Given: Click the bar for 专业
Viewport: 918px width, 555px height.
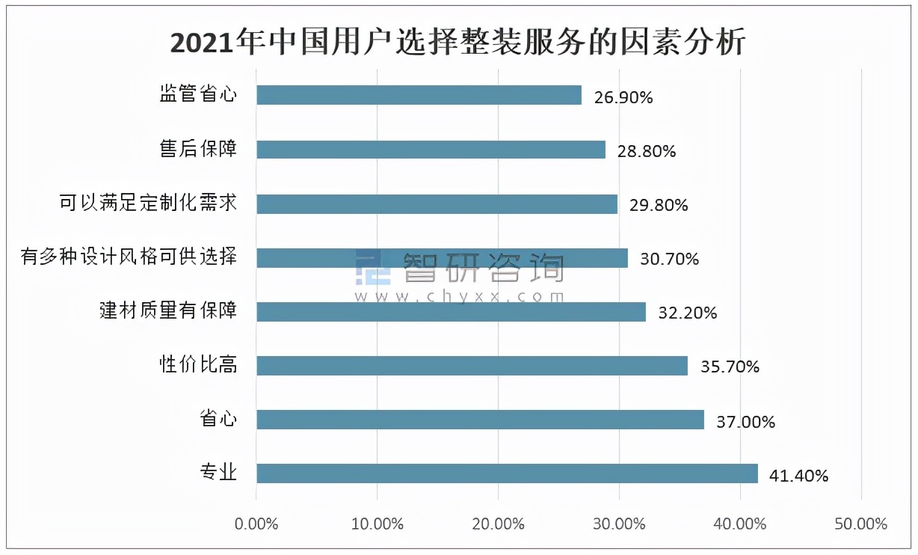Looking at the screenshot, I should [507, 473].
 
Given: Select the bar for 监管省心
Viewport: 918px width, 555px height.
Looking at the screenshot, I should [419, 95].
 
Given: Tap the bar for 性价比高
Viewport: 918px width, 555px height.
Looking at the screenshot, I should [472, 366].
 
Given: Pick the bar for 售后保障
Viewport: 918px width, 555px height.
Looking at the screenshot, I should [431, 150].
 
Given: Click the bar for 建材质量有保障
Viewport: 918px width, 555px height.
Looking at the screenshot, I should [451, 312].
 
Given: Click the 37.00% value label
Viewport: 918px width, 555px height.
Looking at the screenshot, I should [745, 421].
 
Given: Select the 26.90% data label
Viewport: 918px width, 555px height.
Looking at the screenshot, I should [623, 97].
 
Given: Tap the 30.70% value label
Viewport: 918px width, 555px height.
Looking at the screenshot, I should [670, 259].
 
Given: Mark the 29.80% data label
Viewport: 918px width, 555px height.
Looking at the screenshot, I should [659, 205].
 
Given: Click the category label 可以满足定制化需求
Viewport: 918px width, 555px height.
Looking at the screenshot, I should [149, 203].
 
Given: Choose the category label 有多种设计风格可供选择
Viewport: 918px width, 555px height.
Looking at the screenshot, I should [129, 257].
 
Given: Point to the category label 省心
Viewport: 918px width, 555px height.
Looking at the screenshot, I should [218, 419].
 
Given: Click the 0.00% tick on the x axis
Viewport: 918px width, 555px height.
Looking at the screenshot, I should [256, 524].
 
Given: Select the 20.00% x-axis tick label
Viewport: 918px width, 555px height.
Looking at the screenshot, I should [499, 524].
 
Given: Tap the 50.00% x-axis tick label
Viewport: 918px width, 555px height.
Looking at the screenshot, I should [861, 524].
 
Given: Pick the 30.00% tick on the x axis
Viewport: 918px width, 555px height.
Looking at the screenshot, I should [620, 524].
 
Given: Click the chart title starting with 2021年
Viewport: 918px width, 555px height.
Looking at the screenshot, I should [458, 43].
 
